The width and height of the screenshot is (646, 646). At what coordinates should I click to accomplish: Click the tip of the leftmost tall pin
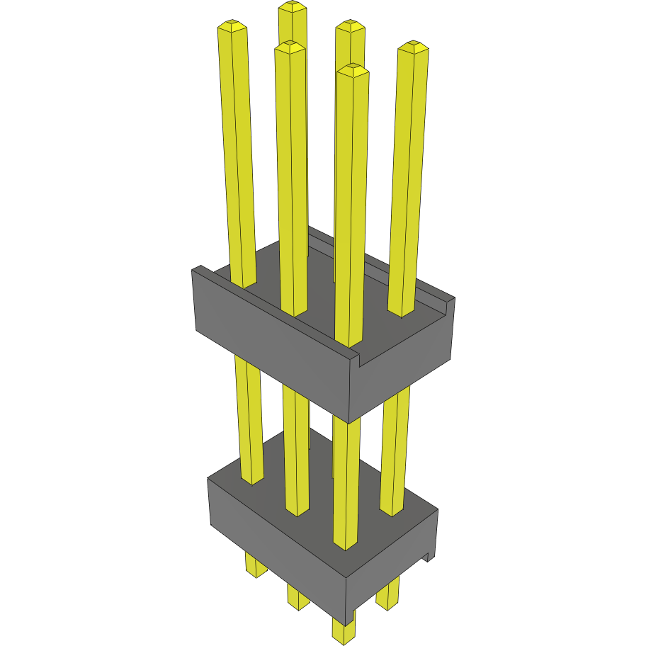232,26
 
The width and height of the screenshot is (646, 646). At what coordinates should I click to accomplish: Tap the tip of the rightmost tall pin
414,47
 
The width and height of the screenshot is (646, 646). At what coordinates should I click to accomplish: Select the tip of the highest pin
292,6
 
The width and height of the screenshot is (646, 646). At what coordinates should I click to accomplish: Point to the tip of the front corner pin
353,69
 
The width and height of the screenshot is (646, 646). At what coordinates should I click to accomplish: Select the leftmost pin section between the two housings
249,418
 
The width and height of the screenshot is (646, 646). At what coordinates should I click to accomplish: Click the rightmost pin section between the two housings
395,446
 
